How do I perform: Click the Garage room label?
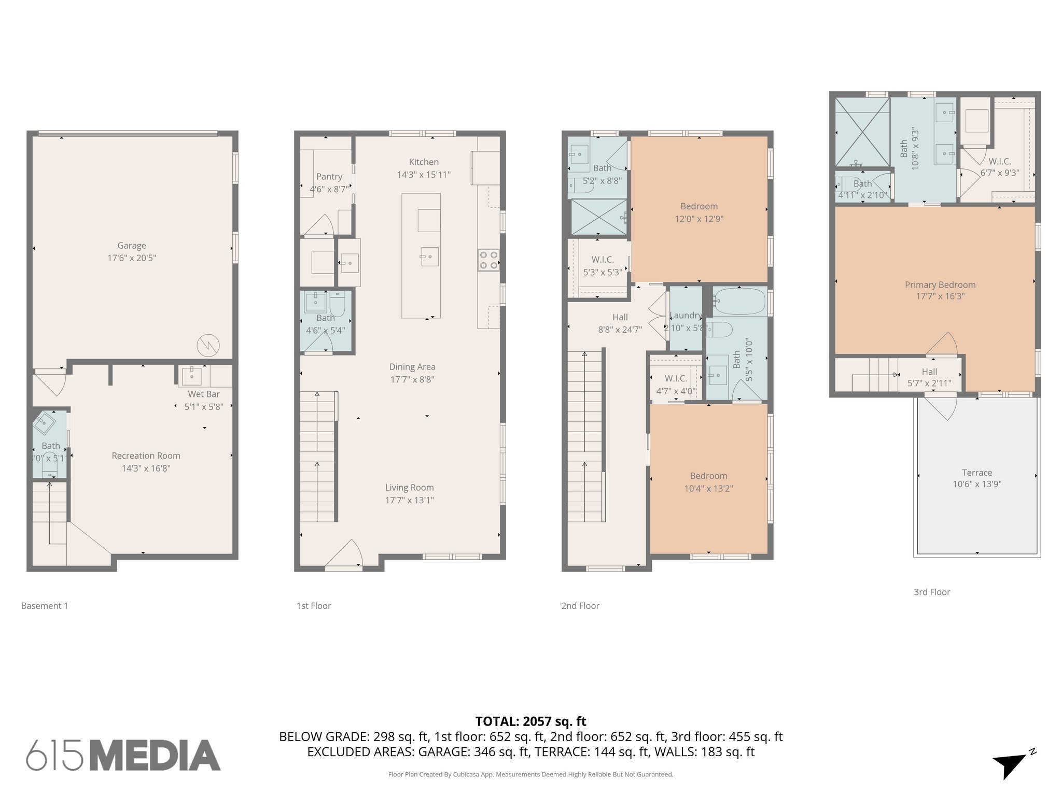[x=131, y=246]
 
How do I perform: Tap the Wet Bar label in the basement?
[x=203, y=394]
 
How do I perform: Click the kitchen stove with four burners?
[x=488, y=260]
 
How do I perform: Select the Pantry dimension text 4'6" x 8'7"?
[x=329, y=189]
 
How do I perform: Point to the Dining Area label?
[x=412, y=367]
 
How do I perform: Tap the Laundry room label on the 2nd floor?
[x=685, y=315]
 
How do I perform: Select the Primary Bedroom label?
[x=940, y=285]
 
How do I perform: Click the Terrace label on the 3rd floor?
[x=976, y=473]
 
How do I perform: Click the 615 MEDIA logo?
[x=123, y=755]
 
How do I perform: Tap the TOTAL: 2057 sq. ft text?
[x=530, y=721]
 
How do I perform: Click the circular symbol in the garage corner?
[x=208, y=345]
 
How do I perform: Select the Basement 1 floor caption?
[x=45, y=605]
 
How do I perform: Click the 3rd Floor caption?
[x=931, y=592]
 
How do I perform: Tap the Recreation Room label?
[x=146, y=456]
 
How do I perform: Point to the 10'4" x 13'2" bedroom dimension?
[x=708, y=488]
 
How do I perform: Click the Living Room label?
[x=409, y=488]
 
